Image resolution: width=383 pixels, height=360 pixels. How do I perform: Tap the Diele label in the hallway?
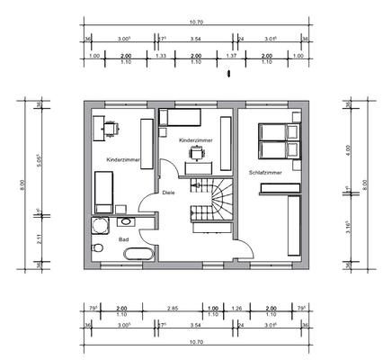168,192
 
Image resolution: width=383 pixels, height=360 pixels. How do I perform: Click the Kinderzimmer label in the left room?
121,159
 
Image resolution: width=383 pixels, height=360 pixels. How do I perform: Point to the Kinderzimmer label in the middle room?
195,141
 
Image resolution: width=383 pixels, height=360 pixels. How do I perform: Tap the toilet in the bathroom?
97,246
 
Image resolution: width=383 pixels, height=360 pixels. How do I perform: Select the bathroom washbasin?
127,219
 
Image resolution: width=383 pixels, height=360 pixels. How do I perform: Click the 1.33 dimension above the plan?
161,56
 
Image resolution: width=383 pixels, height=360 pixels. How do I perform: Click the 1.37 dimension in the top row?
231,56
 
